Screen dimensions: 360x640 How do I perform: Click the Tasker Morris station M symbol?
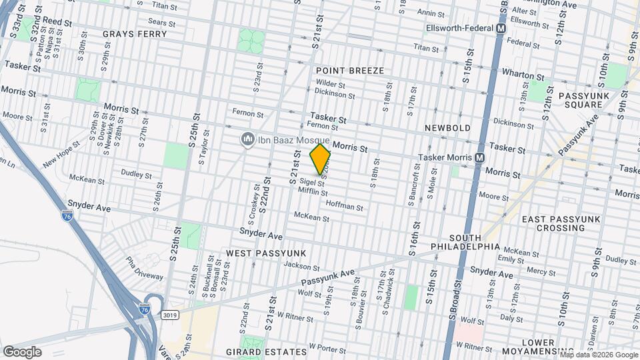pyautogui.click(x=479, y=157)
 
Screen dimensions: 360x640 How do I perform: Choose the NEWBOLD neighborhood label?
pyautogui.click(x=447, y=127)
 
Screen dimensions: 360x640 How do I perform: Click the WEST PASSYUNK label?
pyautogui.click(x=265, y=253)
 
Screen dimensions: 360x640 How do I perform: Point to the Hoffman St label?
pyautogui.click(x=344, y=207)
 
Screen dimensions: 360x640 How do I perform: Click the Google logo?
pyautogui.click(x=22, y=351)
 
